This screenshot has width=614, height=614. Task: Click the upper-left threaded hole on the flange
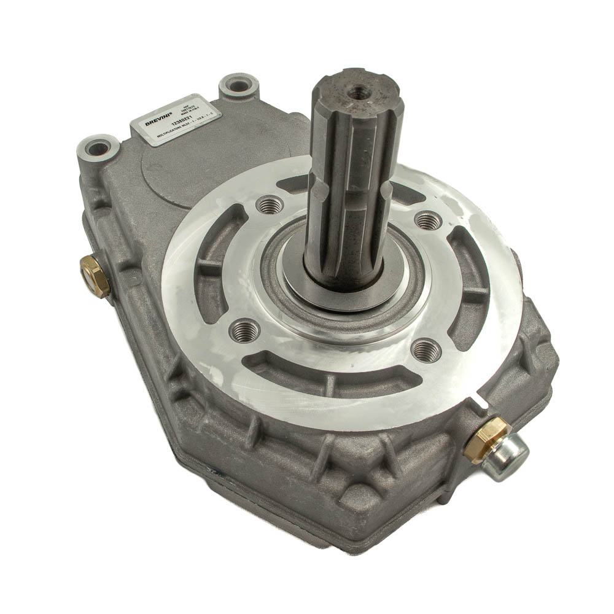[268, 205]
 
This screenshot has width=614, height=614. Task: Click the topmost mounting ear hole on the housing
[239, 85]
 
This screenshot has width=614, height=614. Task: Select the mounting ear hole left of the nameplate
[98, 147]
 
